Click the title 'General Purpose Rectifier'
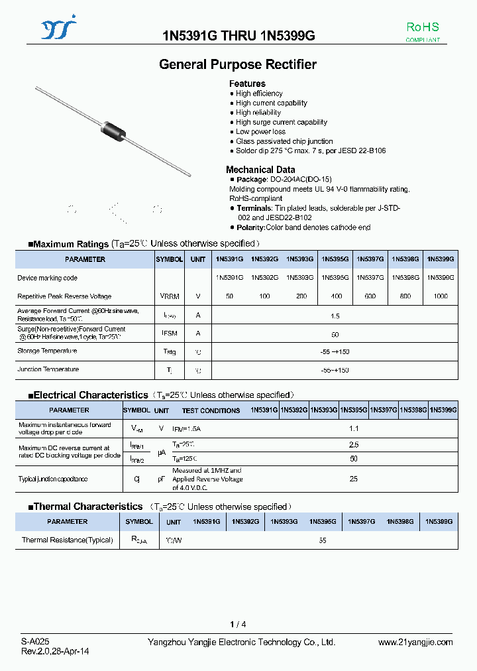click(238, 64)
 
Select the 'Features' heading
click(247, 84)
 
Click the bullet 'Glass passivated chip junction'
click(284, 141)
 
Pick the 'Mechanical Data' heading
click(260, 170)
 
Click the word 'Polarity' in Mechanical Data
click(250, 227)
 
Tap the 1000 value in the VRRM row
click(440, 296)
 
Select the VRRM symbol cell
click(169, 296)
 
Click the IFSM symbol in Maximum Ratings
click(169, 334)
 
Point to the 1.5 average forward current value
click(335, 316)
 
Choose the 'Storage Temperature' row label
click(47, 351)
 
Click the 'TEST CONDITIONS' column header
click(211, 410)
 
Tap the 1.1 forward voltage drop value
click(353, 428)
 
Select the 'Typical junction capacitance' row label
click(53, 479)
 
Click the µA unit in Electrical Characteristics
click(161, 452)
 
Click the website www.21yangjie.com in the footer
click(415, 642)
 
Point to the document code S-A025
click(35, 642)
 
